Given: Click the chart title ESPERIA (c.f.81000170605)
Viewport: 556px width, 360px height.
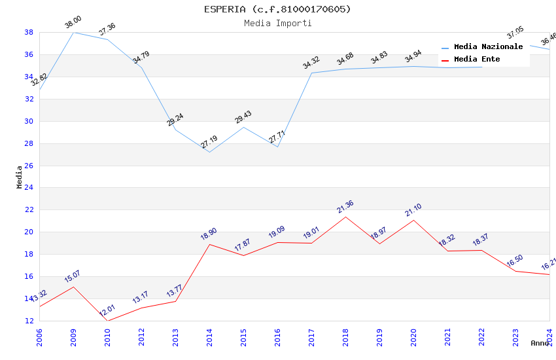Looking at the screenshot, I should pyautogui.click(x=277, y=9).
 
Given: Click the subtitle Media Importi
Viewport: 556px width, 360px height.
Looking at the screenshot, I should pyautogui.click(x=277, y=23).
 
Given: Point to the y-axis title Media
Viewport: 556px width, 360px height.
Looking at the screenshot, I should pyautogui.click(x=20, y=177).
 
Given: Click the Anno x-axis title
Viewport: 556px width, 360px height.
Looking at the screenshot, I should pyautogui.click(x=540, y=343).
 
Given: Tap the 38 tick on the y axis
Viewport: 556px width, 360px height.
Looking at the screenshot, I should pyautogui.click(x=29, y=32).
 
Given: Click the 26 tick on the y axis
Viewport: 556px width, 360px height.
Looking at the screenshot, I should pyautogui.click(x=29, y=166).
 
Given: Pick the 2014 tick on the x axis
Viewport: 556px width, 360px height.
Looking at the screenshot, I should pyautogui.click(x=209, y=334).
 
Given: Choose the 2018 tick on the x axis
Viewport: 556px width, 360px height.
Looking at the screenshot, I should pyautogui.click(x=345, y=334).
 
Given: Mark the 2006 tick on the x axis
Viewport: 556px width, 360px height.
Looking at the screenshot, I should pyautogui.click(x=39, y=334).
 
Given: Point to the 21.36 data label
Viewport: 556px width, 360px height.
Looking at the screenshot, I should pyautogui.click(x=345, y=207).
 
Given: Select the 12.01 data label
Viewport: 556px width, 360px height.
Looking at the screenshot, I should pyautogui.click(x=107, y=311).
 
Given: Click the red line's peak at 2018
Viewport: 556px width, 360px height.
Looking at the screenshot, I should pyautogui.click(x=345, y=217).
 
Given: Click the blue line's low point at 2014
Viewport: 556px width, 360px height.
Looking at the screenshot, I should pyautogui.click(x=209, y=152).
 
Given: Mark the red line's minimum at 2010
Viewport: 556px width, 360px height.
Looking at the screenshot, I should pyautogui.click(x=107, y=321).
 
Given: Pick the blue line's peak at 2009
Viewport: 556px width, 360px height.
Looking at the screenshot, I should pyautogui.click(x=73, y=32).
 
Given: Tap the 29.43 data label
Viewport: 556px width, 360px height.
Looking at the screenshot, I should pyautogui.click(x=243, y=117).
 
